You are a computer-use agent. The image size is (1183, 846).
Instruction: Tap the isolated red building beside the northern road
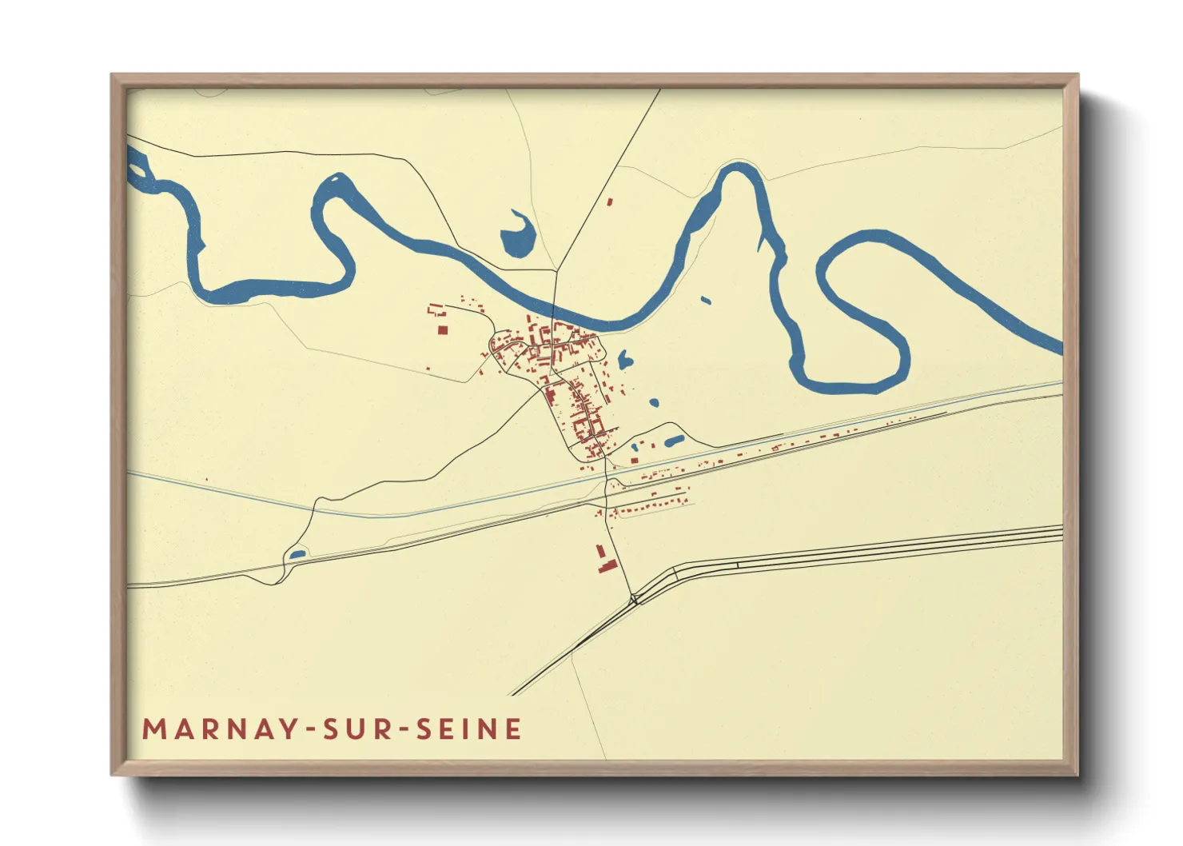tap(609, 202)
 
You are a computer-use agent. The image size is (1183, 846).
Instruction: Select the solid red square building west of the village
tap(443, 329)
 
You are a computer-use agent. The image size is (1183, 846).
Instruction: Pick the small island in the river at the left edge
tap(138, 169)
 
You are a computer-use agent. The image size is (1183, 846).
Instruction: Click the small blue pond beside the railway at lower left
tap(297, 553)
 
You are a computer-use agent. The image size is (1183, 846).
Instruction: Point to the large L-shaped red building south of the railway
tap(605, 560)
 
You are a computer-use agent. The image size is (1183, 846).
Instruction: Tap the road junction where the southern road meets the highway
tap(633, 597)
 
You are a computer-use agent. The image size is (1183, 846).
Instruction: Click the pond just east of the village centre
tap(624, 361)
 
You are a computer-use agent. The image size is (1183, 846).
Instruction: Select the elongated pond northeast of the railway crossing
tap(674, 440)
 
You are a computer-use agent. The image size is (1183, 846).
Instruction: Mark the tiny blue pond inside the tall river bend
tap(705, 301)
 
